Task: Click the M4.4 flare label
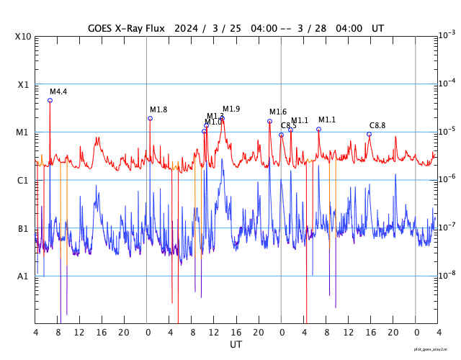(x=58, y=92)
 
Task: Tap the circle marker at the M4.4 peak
(x=50, y=100)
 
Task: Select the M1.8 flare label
(x=158, y=110)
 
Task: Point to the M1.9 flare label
(x=231, y=109)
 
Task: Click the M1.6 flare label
(x=278, y=112)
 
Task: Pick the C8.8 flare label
(x=377, y=125)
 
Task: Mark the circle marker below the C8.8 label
(x=370, y=134)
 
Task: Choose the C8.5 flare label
(x=288, y=126)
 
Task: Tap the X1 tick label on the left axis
(x=23, y=85)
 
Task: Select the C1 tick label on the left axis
(x=23, y=181)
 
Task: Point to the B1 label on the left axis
(x=23, y=229)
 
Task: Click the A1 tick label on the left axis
(x=23, y=276)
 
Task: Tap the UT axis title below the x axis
(x=236, y=345)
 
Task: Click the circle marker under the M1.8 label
(x=150, y=118)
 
